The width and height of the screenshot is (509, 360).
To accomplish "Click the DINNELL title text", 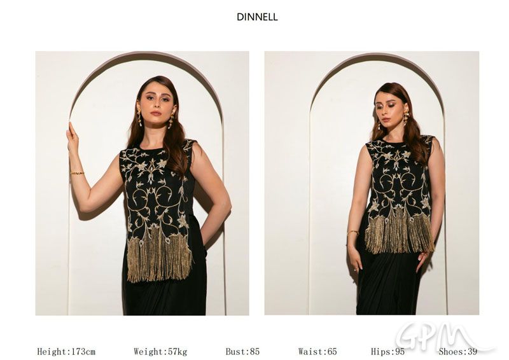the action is (x=257, y=17).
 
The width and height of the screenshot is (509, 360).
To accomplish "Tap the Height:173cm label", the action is (x=66, y=352).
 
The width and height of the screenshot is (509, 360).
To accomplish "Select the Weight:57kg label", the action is (x=160, y=352).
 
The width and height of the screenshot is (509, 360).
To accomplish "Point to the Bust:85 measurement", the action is (x=242, y=352).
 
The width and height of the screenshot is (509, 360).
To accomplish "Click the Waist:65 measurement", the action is (x=317, y=352).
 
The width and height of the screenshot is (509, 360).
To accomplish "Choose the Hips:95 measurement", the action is (x=387, y=352).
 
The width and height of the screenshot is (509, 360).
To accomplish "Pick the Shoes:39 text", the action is (x=457, y=352).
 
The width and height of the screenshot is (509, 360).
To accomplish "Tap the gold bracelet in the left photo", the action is (x=77, y=173).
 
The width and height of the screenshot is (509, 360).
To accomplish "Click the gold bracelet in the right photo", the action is (x=352, y=232).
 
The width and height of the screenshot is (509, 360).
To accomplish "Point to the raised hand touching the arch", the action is (x=73, y=136).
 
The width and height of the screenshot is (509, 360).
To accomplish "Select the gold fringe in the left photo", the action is (x=160, y=256).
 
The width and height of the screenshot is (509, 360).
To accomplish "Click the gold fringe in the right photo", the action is (x=400, y=233).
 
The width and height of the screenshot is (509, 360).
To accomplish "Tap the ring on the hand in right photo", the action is (x=356, y=270).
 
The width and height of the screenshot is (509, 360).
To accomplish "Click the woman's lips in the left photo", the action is (x=156, y=113).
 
